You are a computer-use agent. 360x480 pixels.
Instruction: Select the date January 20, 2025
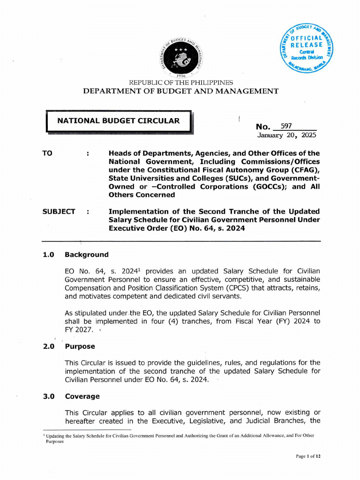[286, 135]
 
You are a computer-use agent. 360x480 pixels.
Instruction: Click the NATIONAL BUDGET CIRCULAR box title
[118, 121]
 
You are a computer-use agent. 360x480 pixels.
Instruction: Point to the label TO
[47, 153]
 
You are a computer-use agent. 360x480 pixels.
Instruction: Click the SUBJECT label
[59, 212]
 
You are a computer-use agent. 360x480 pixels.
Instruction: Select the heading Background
[86, 255]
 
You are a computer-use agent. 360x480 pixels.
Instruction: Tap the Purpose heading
[80, 346]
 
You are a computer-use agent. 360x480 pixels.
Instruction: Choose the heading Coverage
[82, 396]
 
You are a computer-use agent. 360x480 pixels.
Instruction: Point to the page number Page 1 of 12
[307, 456]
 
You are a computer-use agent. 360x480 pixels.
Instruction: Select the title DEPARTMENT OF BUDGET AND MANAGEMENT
[180, 91]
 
